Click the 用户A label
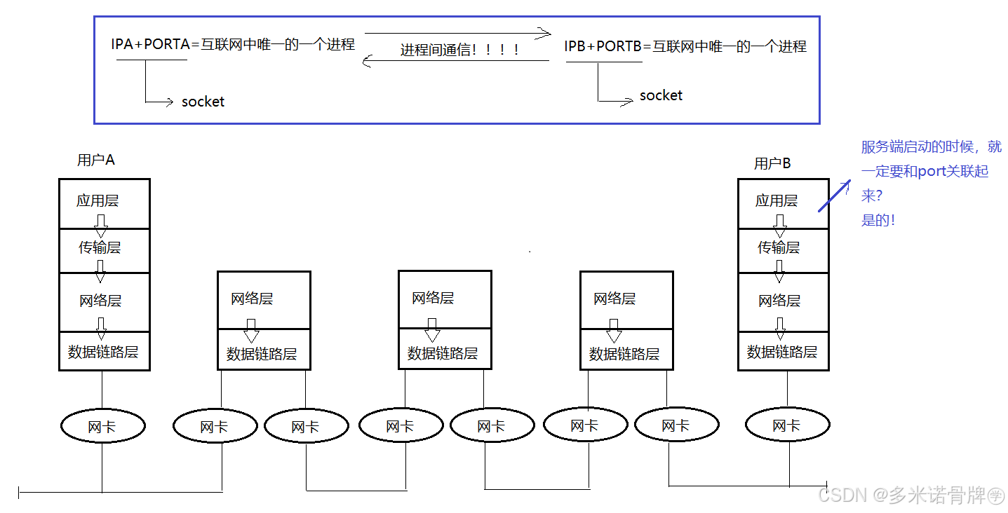pos(96,160)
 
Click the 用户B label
pos(772,163)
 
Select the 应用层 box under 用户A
pos(104,202)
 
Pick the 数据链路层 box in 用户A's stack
pos(104,352)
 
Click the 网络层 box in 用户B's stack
pos(783,301)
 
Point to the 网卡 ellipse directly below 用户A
pos(103,426)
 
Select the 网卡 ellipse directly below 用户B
pos(787,425)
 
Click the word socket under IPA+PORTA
pos(203,102)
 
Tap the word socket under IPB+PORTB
pos(661,95)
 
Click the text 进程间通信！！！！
pos(460,50)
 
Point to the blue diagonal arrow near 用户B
pos(835,195)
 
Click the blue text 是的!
pos(878,220)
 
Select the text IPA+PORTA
pos(151,45)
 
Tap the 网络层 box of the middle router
pos(445,299)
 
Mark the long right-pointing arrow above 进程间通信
pos(457,33)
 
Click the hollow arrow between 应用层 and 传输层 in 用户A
pos(100,226)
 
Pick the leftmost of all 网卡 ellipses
pos(103,426)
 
